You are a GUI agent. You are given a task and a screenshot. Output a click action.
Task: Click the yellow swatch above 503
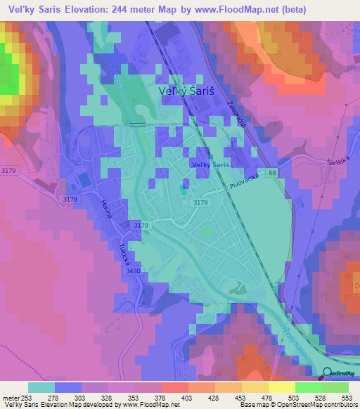click(281, 387)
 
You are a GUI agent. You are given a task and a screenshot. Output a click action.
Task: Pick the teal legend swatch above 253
click(41, 387)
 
